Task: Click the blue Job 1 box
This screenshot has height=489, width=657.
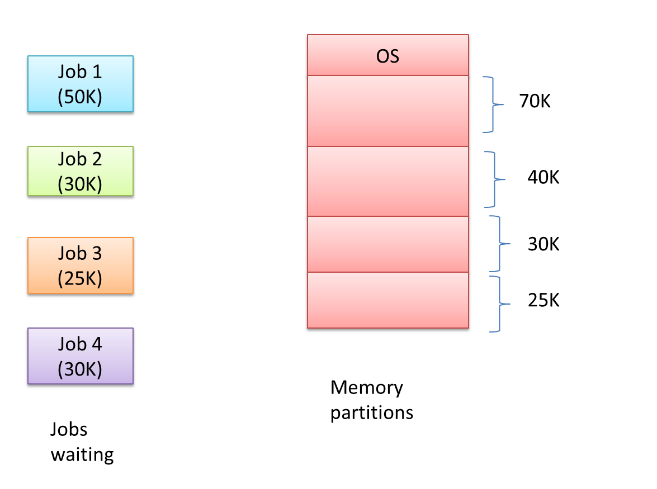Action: pos(81,84)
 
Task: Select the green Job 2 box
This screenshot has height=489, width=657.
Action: pos(81,171)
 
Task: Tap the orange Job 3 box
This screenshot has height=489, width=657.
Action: pos(81,265)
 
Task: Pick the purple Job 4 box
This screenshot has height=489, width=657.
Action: pos(81,356)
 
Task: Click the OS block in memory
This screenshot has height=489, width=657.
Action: pos(387,55)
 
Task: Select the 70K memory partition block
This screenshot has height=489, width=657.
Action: pos(387,111)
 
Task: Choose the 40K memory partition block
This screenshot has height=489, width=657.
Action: pos(387,181)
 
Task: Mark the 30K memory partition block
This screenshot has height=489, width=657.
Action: pos(387,244)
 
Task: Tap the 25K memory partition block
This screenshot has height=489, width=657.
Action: pos(387,300)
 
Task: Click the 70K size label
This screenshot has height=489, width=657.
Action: pos(535,103)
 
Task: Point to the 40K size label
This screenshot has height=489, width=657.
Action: pos(543,178)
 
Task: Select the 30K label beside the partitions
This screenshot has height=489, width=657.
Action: pos(543,244)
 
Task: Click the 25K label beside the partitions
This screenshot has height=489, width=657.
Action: pos(543,301)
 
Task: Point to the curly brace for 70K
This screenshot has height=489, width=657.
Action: pos(494,104)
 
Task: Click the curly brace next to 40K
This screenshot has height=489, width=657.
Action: pos(494,179)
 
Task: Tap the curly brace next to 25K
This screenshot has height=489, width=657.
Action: pos(499,303)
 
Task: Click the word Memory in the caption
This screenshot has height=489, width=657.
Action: pos(366,388)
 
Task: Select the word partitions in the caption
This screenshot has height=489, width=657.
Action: pos(372,413)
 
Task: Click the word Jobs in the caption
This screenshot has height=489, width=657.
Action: pos(69,429)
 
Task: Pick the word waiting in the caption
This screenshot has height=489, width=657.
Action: pos(82,454)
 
